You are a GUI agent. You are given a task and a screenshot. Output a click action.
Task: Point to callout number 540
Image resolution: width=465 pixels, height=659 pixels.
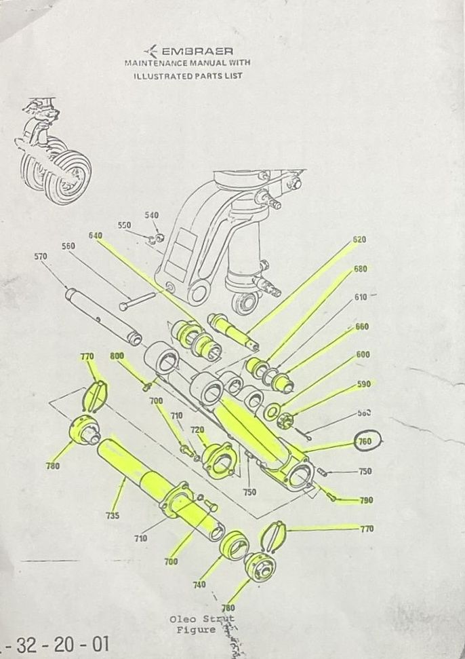point(151,215)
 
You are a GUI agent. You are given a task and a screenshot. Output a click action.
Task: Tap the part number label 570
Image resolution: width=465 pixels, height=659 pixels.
point(41,257)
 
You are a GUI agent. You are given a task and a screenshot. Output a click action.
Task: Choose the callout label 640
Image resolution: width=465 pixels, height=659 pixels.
point(95,236)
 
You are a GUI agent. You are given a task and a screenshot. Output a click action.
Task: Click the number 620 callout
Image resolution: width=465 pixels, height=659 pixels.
point(359,240)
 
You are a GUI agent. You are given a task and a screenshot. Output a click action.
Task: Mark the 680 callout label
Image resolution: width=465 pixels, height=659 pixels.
point(361,269)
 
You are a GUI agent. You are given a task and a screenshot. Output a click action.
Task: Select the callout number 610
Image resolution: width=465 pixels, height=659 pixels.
point(361,298)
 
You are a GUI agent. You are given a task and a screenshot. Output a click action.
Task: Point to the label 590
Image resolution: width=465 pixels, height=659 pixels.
point(364,385)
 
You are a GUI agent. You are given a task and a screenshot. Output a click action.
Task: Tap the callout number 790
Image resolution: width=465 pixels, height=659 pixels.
point(366,501)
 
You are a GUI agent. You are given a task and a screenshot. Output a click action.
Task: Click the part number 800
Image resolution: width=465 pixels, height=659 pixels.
point(117,356)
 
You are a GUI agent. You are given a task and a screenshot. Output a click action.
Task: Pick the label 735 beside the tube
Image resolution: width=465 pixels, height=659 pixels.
point(113,516)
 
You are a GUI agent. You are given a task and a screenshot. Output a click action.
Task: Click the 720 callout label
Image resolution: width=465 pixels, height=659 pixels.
point(197,430)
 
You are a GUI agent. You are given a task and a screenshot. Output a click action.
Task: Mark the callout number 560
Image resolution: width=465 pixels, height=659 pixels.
point(68,246)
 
